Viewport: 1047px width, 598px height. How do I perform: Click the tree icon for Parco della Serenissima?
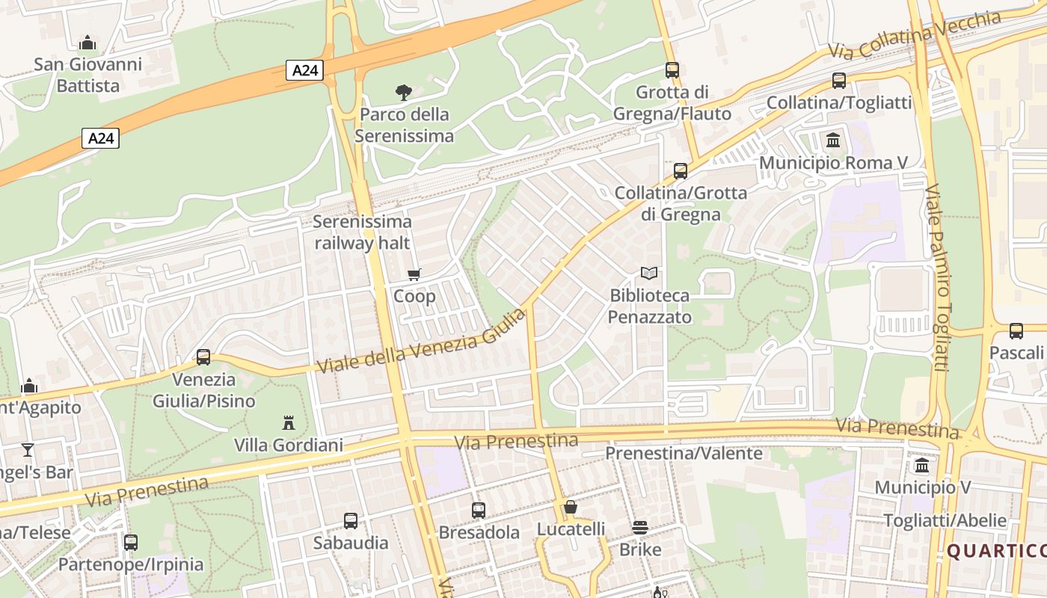coord(403,93)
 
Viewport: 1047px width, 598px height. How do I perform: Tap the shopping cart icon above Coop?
coord(414,274)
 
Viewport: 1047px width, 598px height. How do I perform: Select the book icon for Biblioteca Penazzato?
coord(648,274)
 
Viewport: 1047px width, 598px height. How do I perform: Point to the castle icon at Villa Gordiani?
coord(289,423)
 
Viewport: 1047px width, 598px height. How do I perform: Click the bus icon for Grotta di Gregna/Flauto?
coord(672,70)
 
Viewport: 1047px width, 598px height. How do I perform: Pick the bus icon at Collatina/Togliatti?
coord(838,81)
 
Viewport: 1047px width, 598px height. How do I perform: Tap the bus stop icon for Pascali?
coord(1016,330)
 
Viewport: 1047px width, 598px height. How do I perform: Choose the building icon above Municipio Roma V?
coord(832,140)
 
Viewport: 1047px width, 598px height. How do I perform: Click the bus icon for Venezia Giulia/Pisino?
coord(203,357)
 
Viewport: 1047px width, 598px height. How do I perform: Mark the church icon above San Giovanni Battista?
coord(87,43)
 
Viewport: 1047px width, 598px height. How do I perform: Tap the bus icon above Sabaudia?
coord(351,520)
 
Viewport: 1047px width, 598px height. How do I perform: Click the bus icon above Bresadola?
coord(479,511)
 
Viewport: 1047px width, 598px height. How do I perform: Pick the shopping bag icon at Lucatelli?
coord(571,508)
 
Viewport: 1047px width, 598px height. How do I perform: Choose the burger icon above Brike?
coord(640,528)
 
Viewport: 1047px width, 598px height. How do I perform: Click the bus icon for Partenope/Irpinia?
coord(131,542)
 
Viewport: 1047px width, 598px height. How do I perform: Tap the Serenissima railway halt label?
coord(362,232)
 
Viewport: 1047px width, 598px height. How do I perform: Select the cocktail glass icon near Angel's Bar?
coord(28,449)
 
